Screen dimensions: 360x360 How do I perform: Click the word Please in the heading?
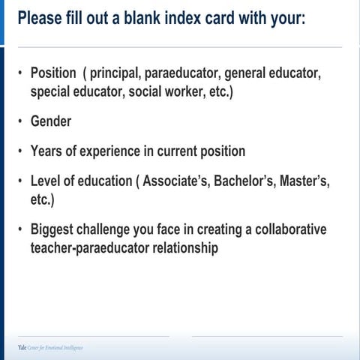(x=41, y=17)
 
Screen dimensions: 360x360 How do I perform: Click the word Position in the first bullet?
(x=53, y=73)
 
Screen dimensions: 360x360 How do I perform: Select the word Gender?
(x=51, y=121)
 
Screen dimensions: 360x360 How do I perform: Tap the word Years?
(x=47, y=151)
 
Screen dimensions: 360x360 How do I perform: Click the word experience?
(x=115, y=151)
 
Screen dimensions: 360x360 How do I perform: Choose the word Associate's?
(x=178, y=181)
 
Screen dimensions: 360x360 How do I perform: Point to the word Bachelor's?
(x=252, y=181)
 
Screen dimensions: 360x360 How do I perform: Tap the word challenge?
(x=114, y=229)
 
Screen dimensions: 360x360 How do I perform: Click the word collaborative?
(x=289, y=229)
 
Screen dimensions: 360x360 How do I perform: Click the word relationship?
(x=187, y=247)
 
